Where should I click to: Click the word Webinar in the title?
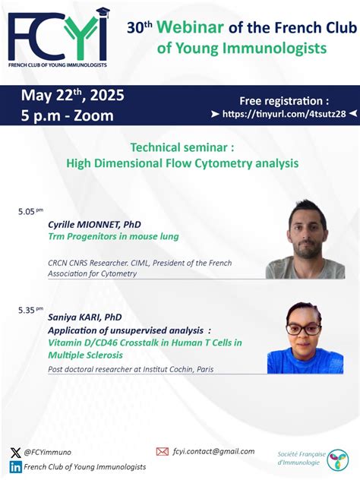click(191, 28)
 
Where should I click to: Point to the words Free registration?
click(285, 100)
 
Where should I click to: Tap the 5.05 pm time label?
click(30, 212)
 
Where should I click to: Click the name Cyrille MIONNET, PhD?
click(94, 225)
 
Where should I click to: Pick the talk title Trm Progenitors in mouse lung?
click(113, 236)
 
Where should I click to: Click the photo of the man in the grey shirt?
click(305, 239)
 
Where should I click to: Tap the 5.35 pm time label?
click(30, 310)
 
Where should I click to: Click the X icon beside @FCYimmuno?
click(16, 452)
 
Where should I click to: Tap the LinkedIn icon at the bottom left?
click(16, 466)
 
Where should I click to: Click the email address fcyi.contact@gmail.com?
click(214, 451)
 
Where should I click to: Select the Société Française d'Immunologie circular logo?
click(337, 459)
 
